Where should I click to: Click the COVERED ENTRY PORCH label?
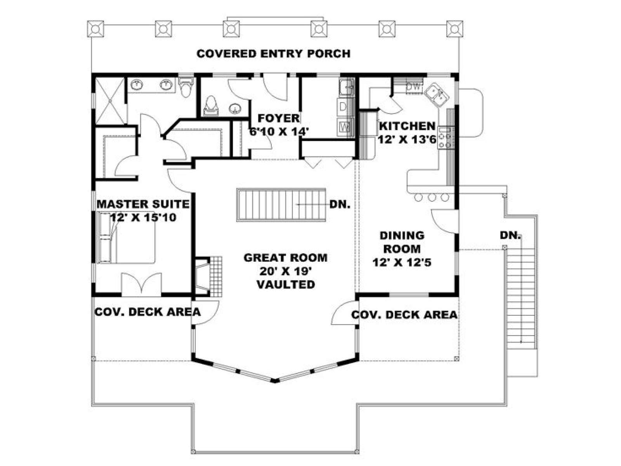[x=273, y=54]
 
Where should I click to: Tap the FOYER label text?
[x=278, y=118]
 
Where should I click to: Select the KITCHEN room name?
[x=407, y=126]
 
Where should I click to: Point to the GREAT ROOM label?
[x=285, y=258]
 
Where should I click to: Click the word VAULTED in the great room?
[x=286, y=284]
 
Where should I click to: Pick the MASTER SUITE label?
[x=143, y=204]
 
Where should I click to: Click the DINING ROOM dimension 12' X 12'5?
[x=402, y=263]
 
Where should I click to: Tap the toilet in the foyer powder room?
[x=211, y=106]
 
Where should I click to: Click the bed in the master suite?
[x=126, y=237]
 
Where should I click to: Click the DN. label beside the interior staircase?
[x=340, y=204]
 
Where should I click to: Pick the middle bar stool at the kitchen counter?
[x=432, y=197]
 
